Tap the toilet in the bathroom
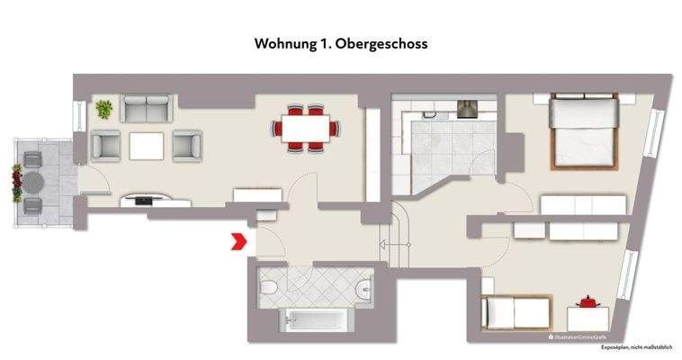pyautogui.click(x=271, y=287)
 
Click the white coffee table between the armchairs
pyautogui.click(x=147, y=145)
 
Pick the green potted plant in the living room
pyautogui.click(x=104, y=110)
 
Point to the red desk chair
pyautogui.click(x=589, y=301)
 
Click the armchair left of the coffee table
pyautogui.click(x=105, y=146)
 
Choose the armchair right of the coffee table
pyautogui.click(x=187, y=146)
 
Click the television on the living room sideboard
pyautogui.click(x=144, y=198)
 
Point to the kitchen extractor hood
pyautogui.click(x=468, y=109)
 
